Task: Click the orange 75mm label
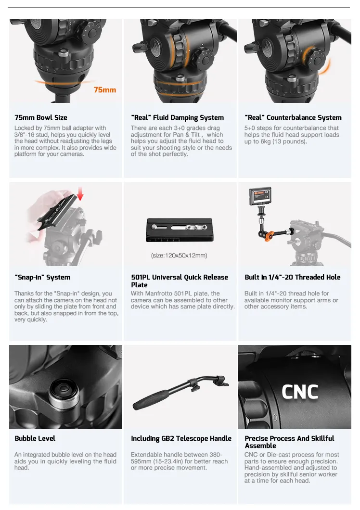pyautogui.click(x=105, y=90)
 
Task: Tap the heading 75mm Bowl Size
pyautogui.click(x=41, y=117)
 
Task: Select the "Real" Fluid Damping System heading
pyautogui.click(x=178, y=117)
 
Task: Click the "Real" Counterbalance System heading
pyautogui.click(x=293, y=117)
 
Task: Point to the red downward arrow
pyautogui.click(x=80, y=193)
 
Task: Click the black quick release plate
pyautogui.click(x=180, y=230)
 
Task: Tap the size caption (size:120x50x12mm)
pyautogui.click(x=179, y=255)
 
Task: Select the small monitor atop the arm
pyautogui.click(x=260, y=196)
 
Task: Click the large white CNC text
pyautogui.click(x=300, y=392)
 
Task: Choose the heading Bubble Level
pyautogui.click(x=35, y=438)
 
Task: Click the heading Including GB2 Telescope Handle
pyautogui.click(x=181, y=438)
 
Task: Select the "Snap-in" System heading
pyautogui.click(x=42, y=277)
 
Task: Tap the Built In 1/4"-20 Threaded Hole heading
pyautogui.click(x=293, y=277)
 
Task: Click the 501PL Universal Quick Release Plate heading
pyautogui.click(x=180, y=281)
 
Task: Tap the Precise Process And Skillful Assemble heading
pyautogui.click(x=289, y=442)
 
